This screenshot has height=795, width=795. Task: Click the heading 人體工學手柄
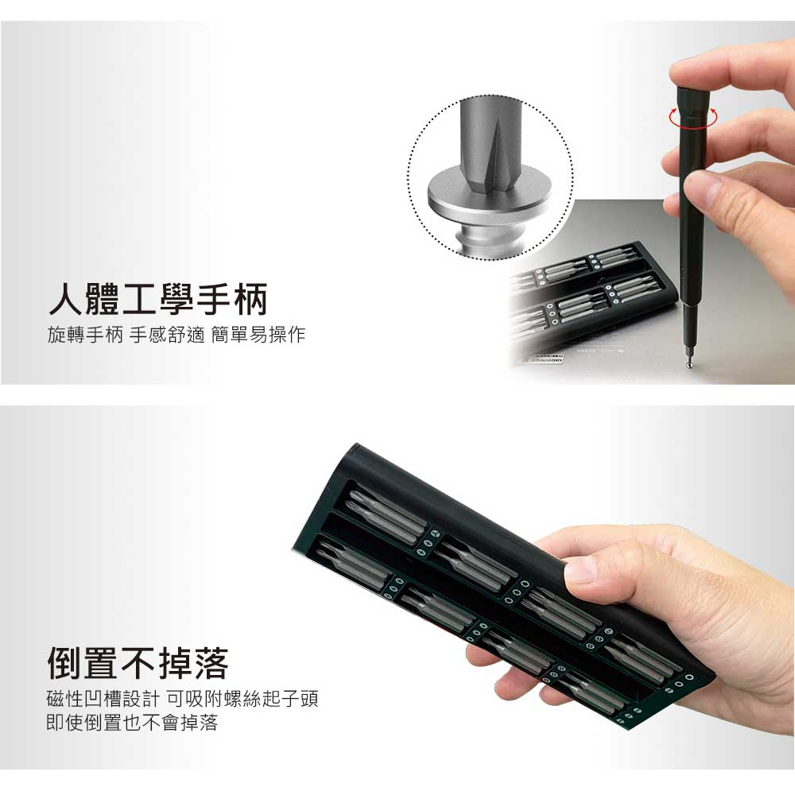(157, 300)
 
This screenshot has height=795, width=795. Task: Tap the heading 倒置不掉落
(138, 663)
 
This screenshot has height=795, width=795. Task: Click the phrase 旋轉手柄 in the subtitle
(85, 335)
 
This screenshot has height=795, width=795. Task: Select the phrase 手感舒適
(167, 335)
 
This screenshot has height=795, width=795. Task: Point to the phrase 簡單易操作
(258, 335)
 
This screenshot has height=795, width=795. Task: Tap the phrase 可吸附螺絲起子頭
(242, 699)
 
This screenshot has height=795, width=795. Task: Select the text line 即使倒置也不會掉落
(132, 723)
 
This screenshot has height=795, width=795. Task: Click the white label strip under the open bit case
(543, 359)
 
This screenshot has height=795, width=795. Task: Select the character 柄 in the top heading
(250, 300)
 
